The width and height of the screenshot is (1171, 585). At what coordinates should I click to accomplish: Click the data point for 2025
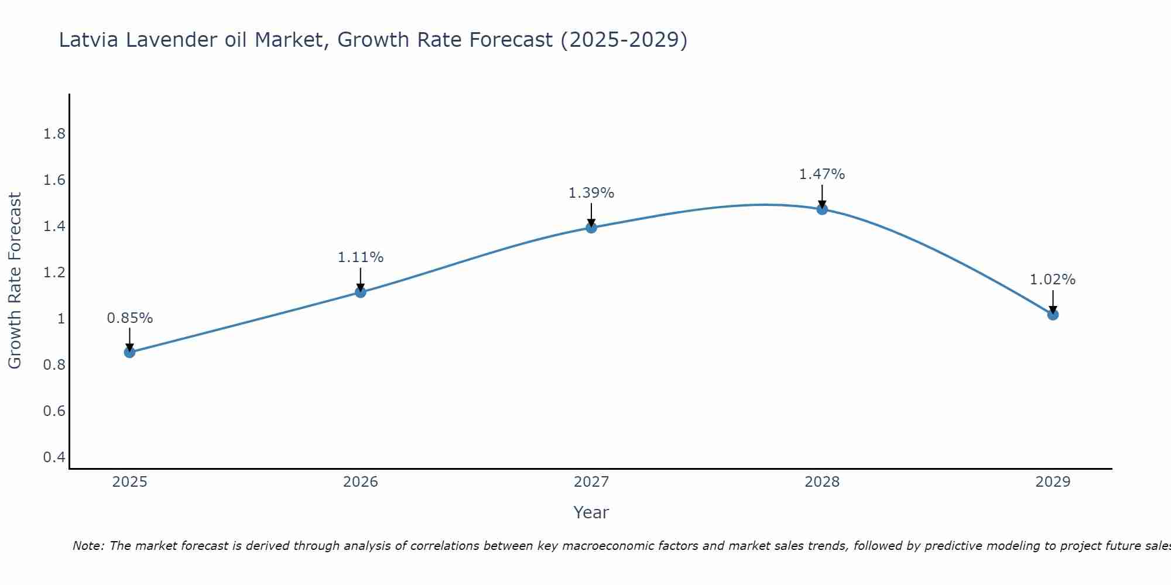129,352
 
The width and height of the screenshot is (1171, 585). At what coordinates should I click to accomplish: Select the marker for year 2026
361,292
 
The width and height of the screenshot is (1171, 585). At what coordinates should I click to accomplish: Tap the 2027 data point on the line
591,228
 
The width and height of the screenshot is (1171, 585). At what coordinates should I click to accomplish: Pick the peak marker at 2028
822,209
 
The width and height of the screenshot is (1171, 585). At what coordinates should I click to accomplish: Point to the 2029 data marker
1053,315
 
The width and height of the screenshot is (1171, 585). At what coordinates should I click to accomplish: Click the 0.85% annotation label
129,318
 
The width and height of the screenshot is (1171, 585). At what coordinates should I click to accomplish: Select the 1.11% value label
361,257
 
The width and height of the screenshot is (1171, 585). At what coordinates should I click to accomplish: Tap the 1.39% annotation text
591,193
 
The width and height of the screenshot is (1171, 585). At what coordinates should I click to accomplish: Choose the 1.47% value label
822,174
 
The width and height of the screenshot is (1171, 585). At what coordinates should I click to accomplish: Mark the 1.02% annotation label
1053,280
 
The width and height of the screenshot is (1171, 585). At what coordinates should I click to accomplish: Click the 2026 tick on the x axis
361,482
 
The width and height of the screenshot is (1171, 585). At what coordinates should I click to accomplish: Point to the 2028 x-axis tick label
822,482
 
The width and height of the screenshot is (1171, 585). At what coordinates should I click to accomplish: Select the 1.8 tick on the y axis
54,134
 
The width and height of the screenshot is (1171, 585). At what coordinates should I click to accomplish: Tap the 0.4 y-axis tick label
54,457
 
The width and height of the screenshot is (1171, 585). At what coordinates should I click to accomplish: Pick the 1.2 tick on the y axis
54,273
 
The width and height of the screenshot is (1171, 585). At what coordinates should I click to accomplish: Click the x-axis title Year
591,512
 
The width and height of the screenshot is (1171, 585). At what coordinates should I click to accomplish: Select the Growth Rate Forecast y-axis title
15,281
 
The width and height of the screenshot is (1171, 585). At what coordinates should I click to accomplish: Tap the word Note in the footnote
88,546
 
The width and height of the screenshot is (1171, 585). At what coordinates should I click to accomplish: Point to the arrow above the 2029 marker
1053,301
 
